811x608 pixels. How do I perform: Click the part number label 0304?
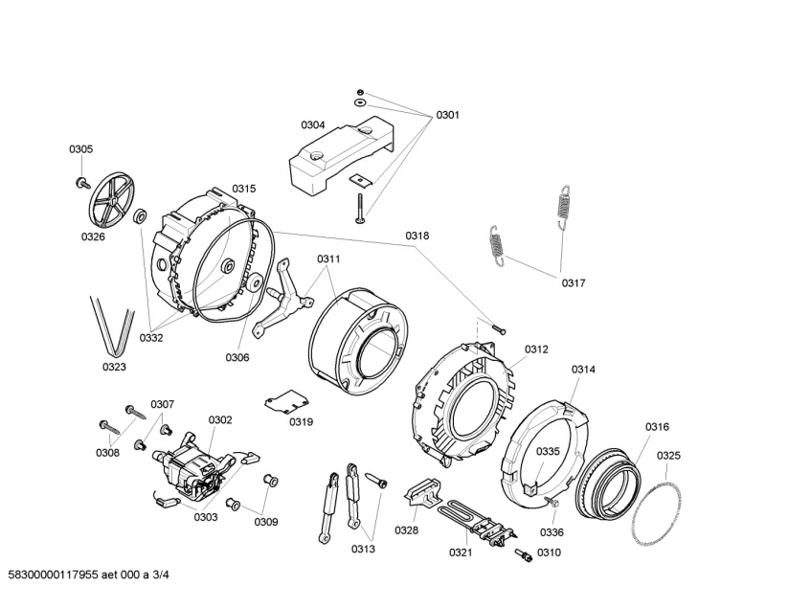click(x=313, y=125)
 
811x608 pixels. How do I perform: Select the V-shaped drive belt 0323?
click(x=113, y=326)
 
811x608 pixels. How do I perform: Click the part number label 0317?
click(x=574, y=282)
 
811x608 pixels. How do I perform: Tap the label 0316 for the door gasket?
click(x=657, y=427)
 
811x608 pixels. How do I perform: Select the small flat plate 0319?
click(x=284, y=403)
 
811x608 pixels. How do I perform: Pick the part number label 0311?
click(x=328, y=259)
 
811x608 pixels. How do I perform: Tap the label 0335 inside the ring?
click(x=548, y=452)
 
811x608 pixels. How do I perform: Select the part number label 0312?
click(x=536, y=349)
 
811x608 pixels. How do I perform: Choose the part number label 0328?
click(x=407, y=530)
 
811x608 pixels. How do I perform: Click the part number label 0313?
click(x=363, y=550)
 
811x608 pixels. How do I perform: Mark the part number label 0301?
click(x=448, y=115)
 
